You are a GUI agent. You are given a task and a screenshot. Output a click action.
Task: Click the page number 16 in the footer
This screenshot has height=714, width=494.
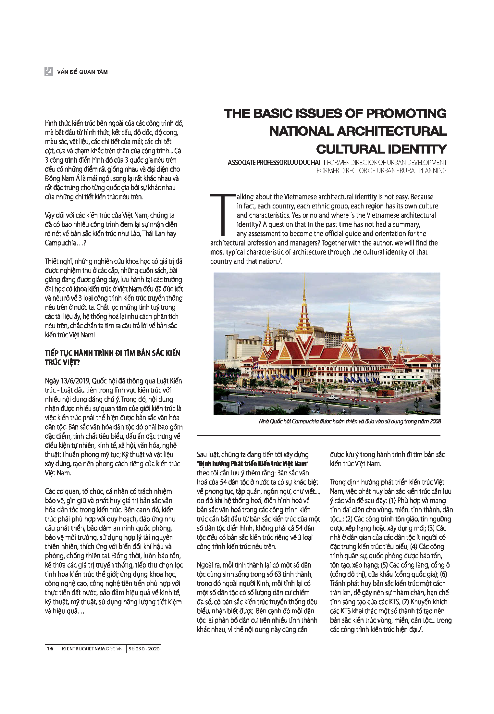tap(50, 649)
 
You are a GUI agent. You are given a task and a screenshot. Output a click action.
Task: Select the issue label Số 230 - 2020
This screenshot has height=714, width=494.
tap(144, 649)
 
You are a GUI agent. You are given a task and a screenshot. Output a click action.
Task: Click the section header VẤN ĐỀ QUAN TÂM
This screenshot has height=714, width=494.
tap(82, 72)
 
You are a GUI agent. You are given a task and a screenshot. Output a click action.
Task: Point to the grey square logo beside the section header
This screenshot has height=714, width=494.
tap(49, 71)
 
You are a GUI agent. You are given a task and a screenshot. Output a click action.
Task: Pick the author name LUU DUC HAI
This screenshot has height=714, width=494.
tap(302, 162)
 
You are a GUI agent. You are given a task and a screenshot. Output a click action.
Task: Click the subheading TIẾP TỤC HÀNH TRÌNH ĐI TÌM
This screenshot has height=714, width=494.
tap(112, 353)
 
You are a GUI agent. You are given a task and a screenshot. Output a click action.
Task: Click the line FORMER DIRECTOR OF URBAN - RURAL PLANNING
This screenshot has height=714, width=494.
tap(381, 170)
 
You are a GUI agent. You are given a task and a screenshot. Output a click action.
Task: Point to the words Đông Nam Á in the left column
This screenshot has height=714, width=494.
tap(59, 178)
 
